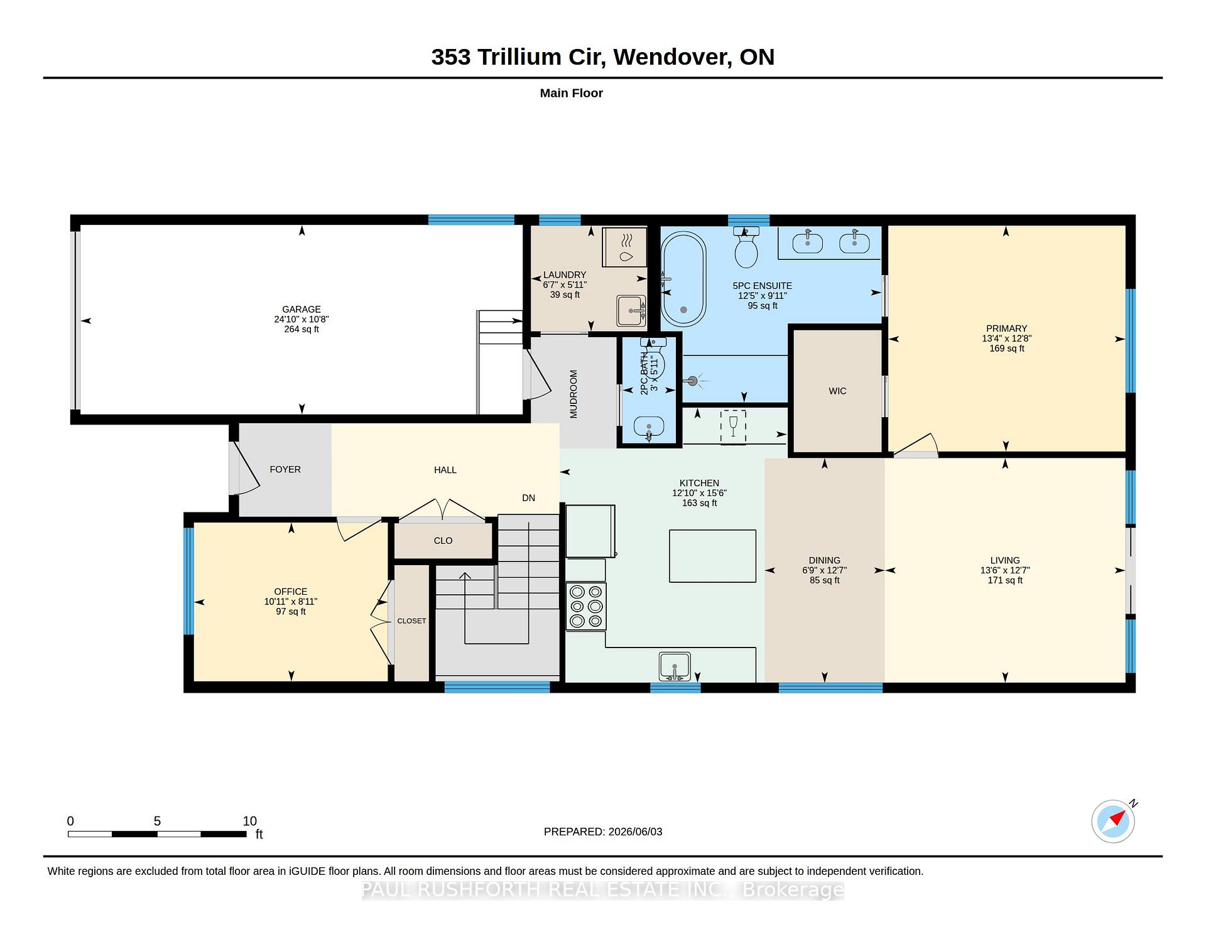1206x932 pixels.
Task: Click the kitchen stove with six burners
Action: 586,606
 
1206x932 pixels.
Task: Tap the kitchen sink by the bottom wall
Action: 675,666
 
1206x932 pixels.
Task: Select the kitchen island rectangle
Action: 712,556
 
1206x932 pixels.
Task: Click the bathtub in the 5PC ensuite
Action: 683,279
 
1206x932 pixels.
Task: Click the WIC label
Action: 837,391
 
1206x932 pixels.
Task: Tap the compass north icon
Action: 1114,821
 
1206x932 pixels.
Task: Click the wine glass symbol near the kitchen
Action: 733,427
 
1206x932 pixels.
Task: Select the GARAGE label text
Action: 301,309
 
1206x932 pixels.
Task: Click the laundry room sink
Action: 631,310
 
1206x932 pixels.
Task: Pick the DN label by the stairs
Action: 528,498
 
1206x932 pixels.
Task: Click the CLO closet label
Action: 443,541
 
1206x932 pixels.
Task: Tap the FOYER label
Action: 285,469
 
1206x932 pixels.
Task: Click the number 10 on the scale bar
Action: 250,821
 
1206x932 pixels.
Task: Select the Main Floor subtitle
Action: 572,93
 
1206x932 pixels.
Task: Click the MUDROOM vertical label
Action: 573,394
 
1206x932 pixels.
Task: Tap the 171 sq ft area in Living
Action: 1005,580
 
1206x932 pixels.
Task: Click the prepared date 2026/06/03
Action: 635,832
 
